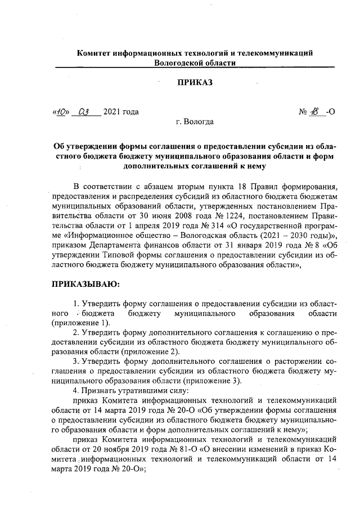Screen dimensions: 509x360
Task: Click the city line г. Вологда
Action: [195, 122]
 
